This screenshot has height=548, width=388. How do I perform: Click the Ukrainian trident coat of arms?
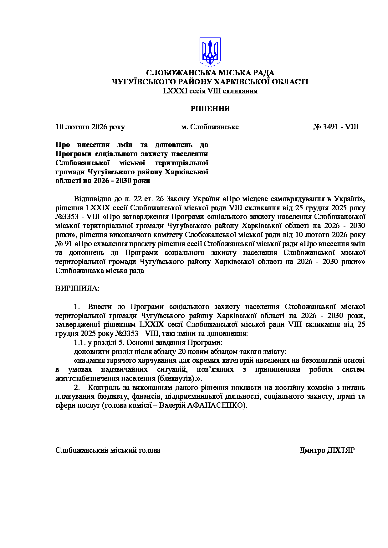(210, 52)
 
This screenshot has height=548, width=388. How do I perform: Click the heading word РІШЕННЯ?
(210, 109)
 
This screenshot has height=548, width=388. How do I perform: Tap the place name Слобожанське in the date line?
(214, 127)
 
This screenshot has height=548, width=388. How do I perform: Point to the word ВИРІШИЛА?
(77, 288)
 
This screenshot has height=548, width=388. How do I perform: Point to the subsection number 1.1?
(80, 342)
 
